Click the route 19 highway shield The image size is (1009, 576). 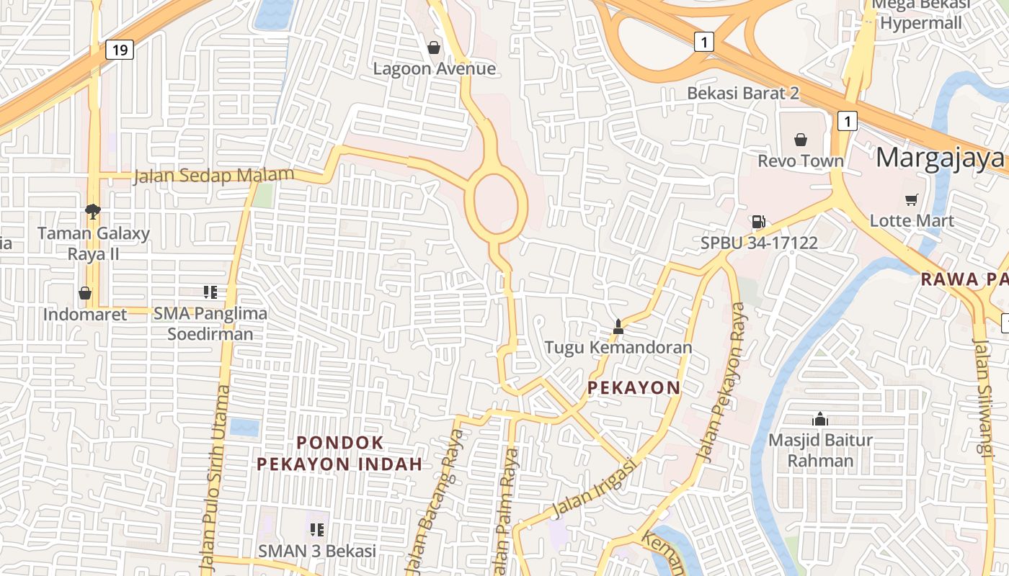click(120, 50)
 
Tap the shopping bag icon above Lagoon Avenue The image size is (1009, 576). click(434, 48)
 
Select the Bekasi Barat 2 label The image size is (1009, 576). click(743, 93)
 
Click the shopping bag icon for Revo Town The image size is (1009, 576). click(800, 140)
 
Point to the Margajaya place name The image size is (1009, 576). click(940, 158)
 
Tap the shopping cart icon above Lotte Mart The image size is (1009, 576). click(912, 199)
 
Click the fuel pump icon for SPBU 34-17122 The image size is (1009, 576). click(758, 222)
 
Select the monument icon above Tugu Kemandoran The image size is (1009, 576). click(618, 326)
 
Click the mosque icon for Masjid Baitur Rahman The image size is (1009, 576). click(819, 419)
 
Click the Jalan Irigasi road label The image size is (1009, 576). click(595, 488)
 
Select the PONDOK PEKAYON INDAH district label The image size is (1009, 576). click(340, 453)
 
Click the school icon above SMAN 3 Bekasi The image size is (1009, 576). click(317, 530)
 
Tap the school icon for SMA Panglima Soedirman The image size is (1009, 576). click(210, 292)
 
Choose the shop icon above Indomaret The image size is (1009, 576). click(85, 293)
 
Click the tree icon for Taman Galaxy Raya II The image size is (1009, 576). click(93, 212)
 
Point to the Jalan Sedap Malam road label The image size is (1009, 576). click(213, 176)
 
